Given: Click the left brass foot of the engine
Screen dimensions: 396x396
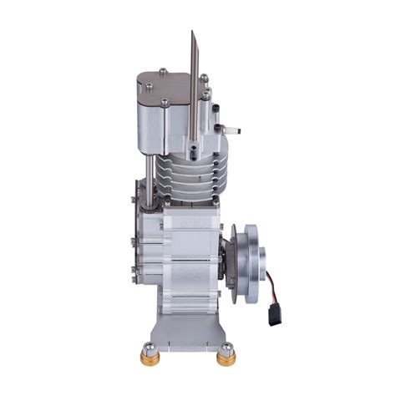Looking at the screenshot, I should click(151, 358).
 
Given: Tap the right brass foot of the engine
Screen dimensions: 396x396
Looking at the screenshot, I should click(226, 358).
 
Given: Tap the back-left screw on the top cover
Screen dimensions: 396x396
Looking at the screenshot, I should click(163, 72).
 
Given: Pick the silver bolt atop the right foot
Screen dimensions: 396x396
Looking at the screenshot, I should click(226, 346).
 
